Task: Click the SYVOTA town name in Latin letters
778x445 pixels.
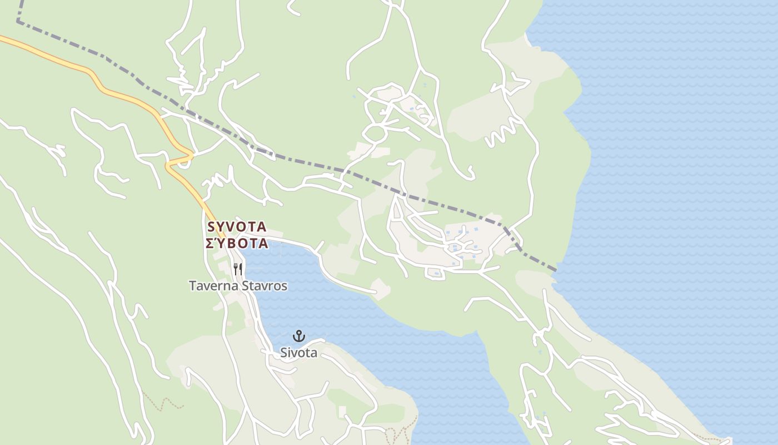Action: (237, 227)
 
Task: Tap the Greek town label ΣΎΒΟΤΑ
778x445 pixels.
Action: (237, 244)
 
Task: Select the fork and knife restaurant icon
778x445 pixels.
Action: (238, 269)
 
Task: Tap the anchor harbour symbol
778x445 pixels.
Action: (299, 336)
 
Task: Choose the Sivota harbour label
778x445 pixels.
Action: (299, 353)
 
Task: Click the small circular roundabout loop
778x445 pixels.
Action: (375, 133)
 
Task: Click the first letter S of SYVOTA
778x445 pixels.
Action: (211, 227)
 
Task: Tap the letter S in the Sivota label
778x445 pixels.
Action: (284, 353)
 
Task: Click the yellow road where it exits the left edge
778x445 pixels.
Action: (2, 38)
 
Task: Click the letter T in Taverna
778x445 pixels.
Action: (193, 286)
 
